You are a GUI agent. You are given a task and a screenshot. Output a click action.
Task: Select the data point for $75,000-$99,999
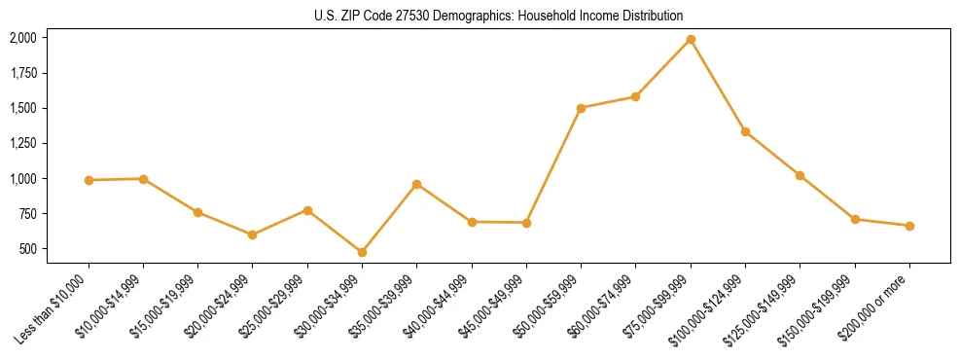point(691,39)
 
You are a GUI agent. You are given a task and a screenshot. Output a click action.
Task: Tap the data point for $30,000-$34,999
point(362,252)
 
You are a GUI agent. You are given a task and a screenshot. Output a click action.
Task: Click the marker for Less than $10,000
point(89,180)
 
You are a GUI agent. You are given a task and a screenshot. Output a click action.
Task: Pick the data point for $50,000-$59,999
point(581,108)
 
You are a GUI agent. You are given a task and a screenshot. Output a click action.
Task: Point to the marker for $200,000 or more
point(909,226)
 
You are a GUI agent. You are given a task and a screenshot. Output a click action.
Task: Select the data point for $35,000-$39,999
point(416,184)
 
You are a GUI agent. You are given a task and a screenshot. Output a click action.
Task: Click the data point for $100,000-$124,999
point(745,131)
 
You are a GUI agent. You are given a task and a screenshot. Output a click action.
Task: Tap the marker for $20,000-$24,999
point(253,234)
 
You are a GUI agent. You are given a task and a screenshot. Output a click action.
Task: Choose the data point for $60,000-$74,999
point(635,96)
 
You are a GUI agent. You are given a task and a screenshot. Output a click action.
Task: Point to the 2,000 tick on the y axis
point(22,38)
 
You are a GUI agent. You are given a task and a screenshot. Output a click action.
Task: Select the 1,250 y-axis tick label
point(22,143)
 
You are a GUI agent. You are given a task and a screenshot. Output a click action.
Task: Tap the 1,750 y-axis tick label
point(22,73)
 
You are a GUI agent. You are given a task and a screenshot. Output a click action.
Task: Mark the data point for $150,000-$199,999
point(855,219)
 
